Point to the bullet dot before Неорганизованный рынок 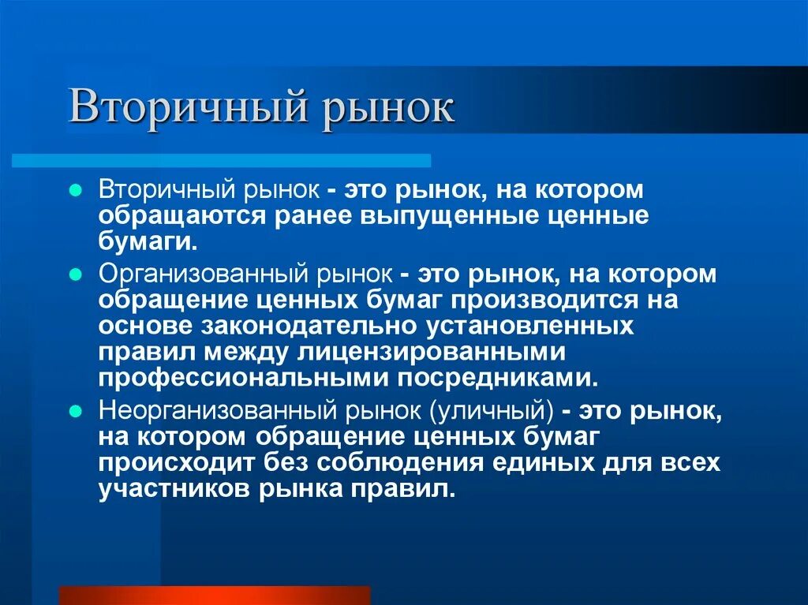pyautogui.click(x=76, y=411)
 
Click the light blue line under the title pyautogui.click(x=221, y=161)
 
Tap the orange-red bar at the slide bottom pyautogui.click(x=215, y=595)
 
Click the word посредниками pyautogui.click(x=495, y=378)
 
